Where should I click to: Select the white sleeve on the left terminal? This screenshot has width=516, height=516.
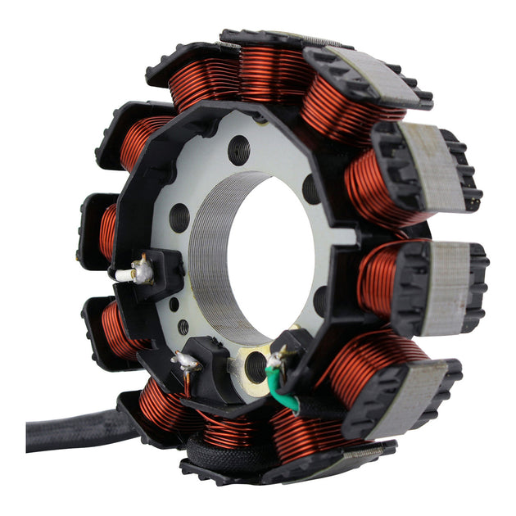tap(124, 275)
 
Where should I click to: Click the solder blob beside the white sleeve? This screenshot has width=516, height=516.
tap(143, 269)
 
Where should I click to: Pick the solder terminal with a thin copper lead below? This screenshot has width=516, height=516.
tap(186, 361)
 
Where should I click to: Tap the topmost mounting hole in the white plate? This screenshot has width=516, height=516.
tap(239, 149)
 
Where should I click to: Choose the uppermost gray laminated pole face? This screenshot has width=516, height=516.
tap(373, 74)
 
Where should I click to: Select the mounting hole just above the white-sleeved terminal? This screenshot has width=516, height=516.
tap(179, 218)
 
